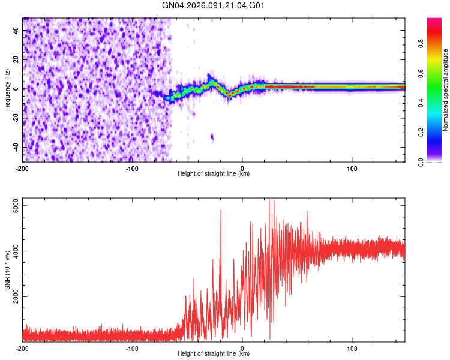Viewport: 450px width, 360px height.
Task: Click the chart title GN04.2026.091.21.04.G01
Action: point(214,6)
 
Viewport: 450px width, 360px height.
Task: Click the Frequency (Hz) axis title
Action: point(7,90)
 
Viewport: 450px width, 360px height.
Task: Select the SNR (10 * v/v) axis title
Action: point(7,270)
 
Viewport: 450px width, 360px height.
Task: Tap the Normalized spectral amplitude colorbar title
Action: point(446,90)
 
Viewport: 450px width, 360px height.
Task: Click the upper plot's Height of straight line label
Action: point(214,173)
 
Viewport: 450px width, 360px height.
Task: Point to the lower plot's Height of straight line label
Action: point(214,354)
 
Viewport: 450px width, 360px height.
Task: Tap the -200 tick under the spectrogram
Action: point(23,167)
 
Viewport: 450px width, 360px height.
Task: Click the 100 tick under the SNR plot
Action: point(352,348)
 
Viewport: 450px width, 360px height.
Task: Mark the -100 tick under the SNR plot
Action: point(133,348)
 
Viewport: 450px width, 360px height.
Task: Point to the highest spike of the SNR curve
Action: point(269,200)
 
